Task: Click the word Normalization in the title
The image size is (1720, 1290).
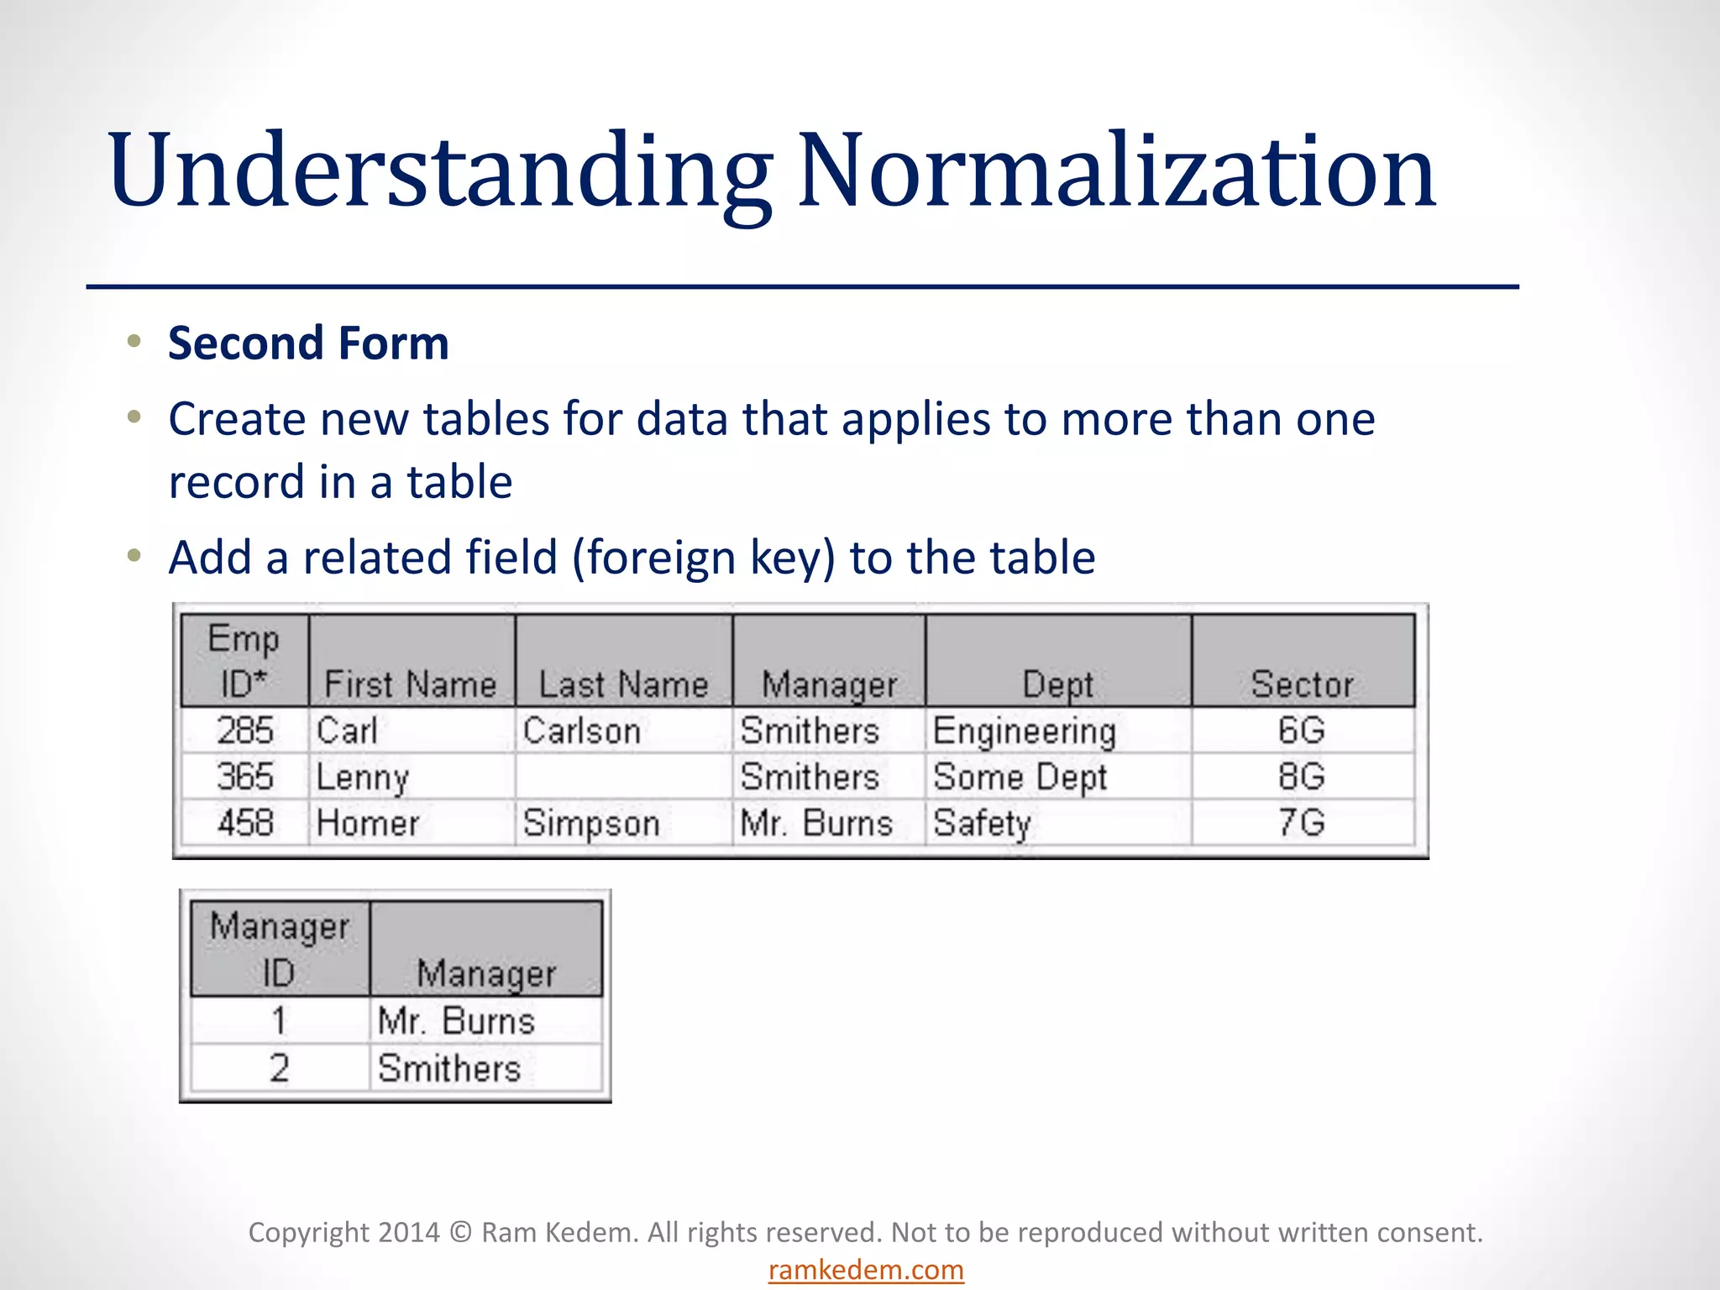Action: point(1117,172)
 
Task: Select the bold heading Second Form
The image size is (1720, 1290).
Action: point(308,343)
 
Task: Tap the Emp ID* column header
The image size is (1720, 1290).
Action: point(244,662)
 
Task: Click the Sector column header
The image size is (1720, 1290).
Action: point(1302,684)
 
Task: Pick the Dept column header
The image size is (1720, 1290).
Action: point(1057,684)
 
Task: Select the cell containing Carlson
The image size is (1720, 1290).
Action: point(581,731)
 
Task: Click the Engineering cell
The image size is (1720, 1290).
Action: point(1024,731)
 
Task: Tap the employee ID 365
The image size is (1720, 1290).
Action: point(244,777)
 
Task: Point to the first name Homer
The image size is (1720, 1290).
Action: point(368,823)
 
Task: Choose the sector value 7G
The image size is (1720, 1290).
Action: point(1302,823)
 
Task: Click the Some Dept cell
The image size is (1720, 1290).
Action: point(1020,777)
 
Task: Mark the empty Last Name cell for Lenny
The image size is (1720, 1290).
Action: point(623,777)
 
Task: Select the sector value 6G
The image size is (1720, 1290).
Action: point(1302,731)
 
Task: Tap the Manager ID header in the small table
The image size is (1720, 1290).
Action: point(279,950)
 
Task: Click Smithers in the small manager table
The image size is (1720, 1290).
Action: point(449,1068)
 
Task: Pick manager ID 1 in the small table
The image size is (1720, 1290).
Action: point(279,1021)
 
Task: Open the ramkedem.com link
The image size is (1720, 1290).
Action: point(866,1270)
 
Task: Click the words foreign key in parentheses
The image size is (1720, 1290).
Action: point(704,558)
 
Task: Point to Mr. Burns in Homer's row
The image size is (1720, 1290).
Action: point(815,823)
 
